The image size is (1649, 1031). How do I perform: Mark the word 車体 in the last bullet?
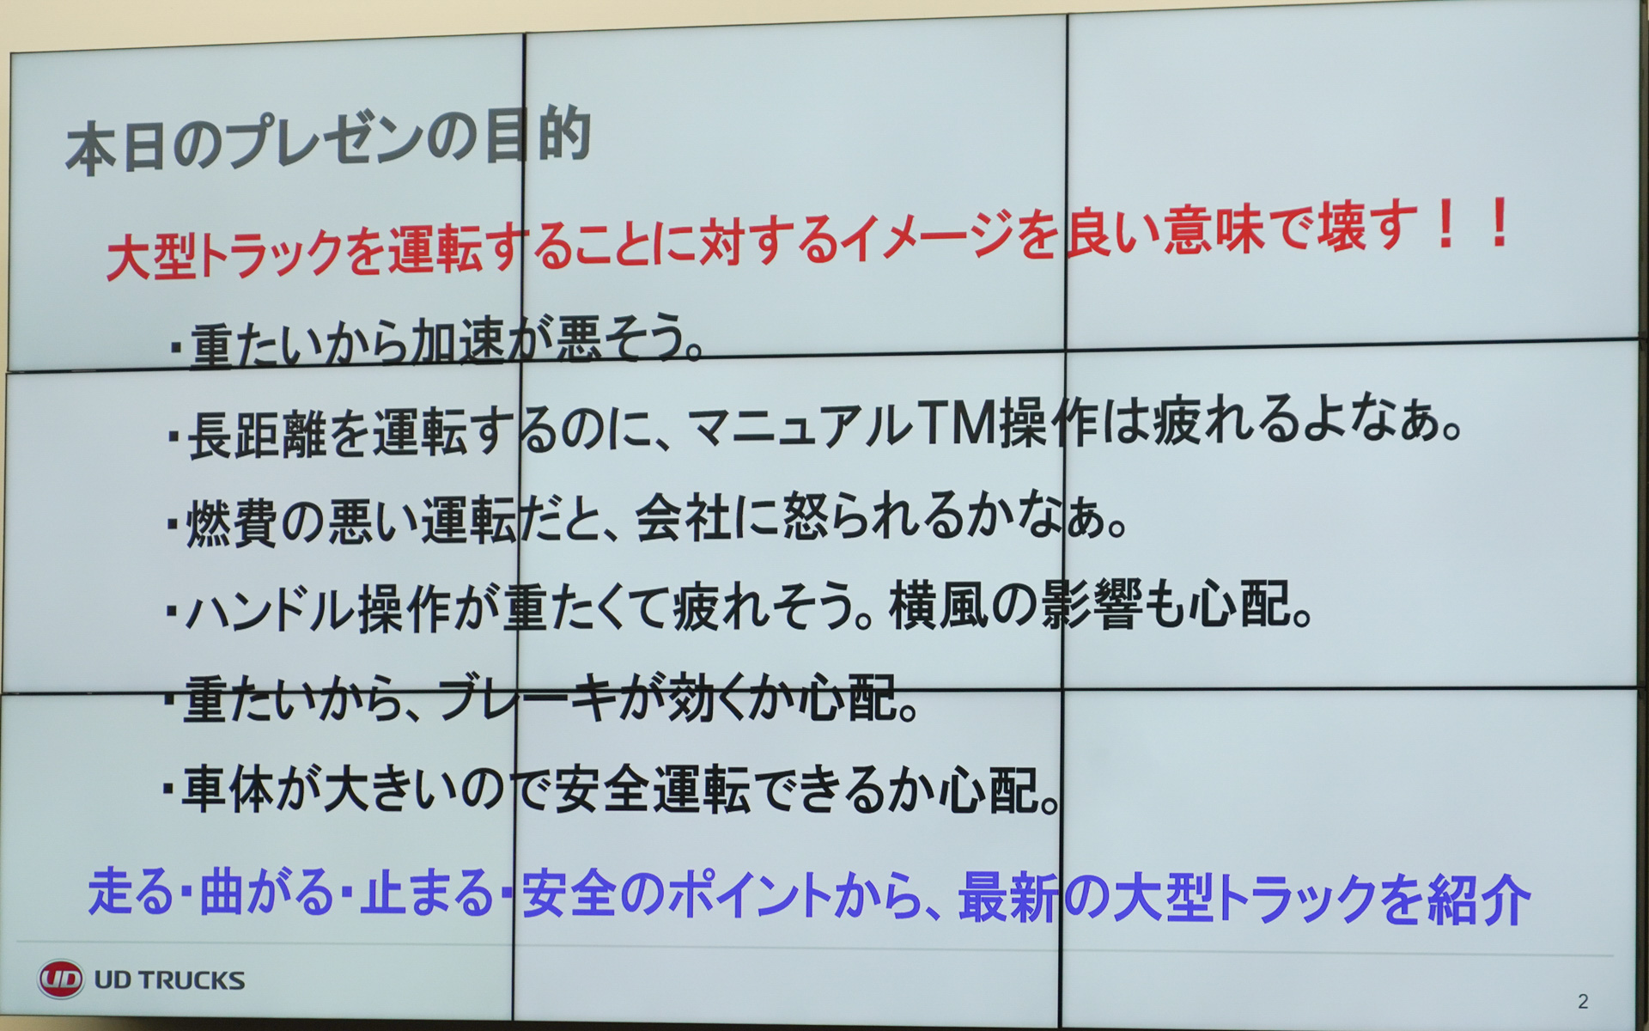[x=228, y=790]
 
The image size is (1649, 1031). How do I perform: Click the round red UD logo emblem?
[x=60, y=979]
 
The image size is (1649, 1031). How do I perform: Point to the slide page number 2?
[x=1583, y=1001]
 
